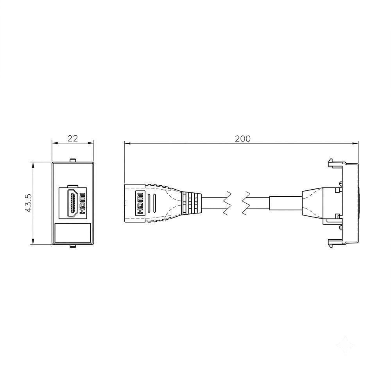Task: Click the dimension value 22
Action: [73, 138]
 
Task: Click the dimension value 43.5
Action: [29, 203]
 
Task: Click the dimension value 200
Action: [243, 139]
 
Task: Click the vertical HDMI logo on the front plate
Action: [83, 203]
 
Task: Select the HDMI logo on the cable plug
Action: [140, 203]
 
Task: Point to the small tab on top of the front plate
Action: [73, 160]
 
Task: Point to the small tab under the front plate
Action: [73, 246]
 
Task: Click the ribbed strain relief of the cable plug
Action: [192, 203]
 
